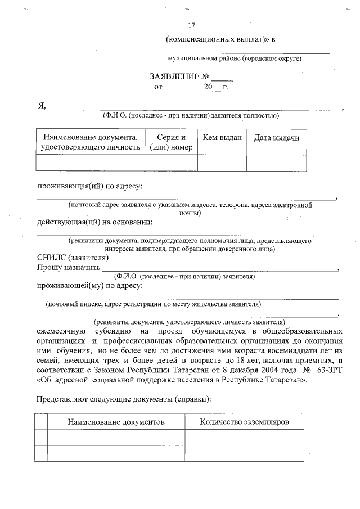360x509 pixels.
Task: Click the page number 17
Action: [x=191, y=25]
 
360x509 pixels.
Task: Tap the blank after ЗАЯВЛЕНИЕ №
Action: [x=222, y=77]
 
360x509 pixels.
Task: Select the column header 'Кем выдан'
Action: [x=222, y=137]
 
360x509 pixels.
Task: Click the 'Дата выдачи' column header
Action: [x=276, y=137]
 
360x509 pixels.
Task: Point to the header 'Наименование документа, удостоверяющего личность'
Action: [x=90, y=142]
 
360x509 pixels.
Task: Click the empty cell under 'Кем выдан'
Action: [x=222, y=162]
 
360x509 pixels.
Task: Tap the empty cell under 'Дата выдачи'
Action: [x=276, y=162]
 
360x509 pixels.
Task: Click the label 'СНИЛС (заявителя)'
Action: [x=71, y=258]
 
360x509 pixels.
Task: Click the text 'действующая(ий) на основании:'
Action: [x=94, y=221]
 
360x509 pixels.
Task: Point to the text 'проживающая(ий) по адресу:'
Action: [x=90, y=186]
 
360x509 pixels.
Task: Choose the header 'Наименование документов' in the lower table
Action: [x=116, y=421]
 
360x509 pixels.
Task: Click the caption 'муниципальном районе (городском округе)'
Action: [x=235, y=58]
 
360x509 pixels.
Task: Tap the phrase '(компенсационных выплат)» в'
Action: [x=220, y=39]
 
